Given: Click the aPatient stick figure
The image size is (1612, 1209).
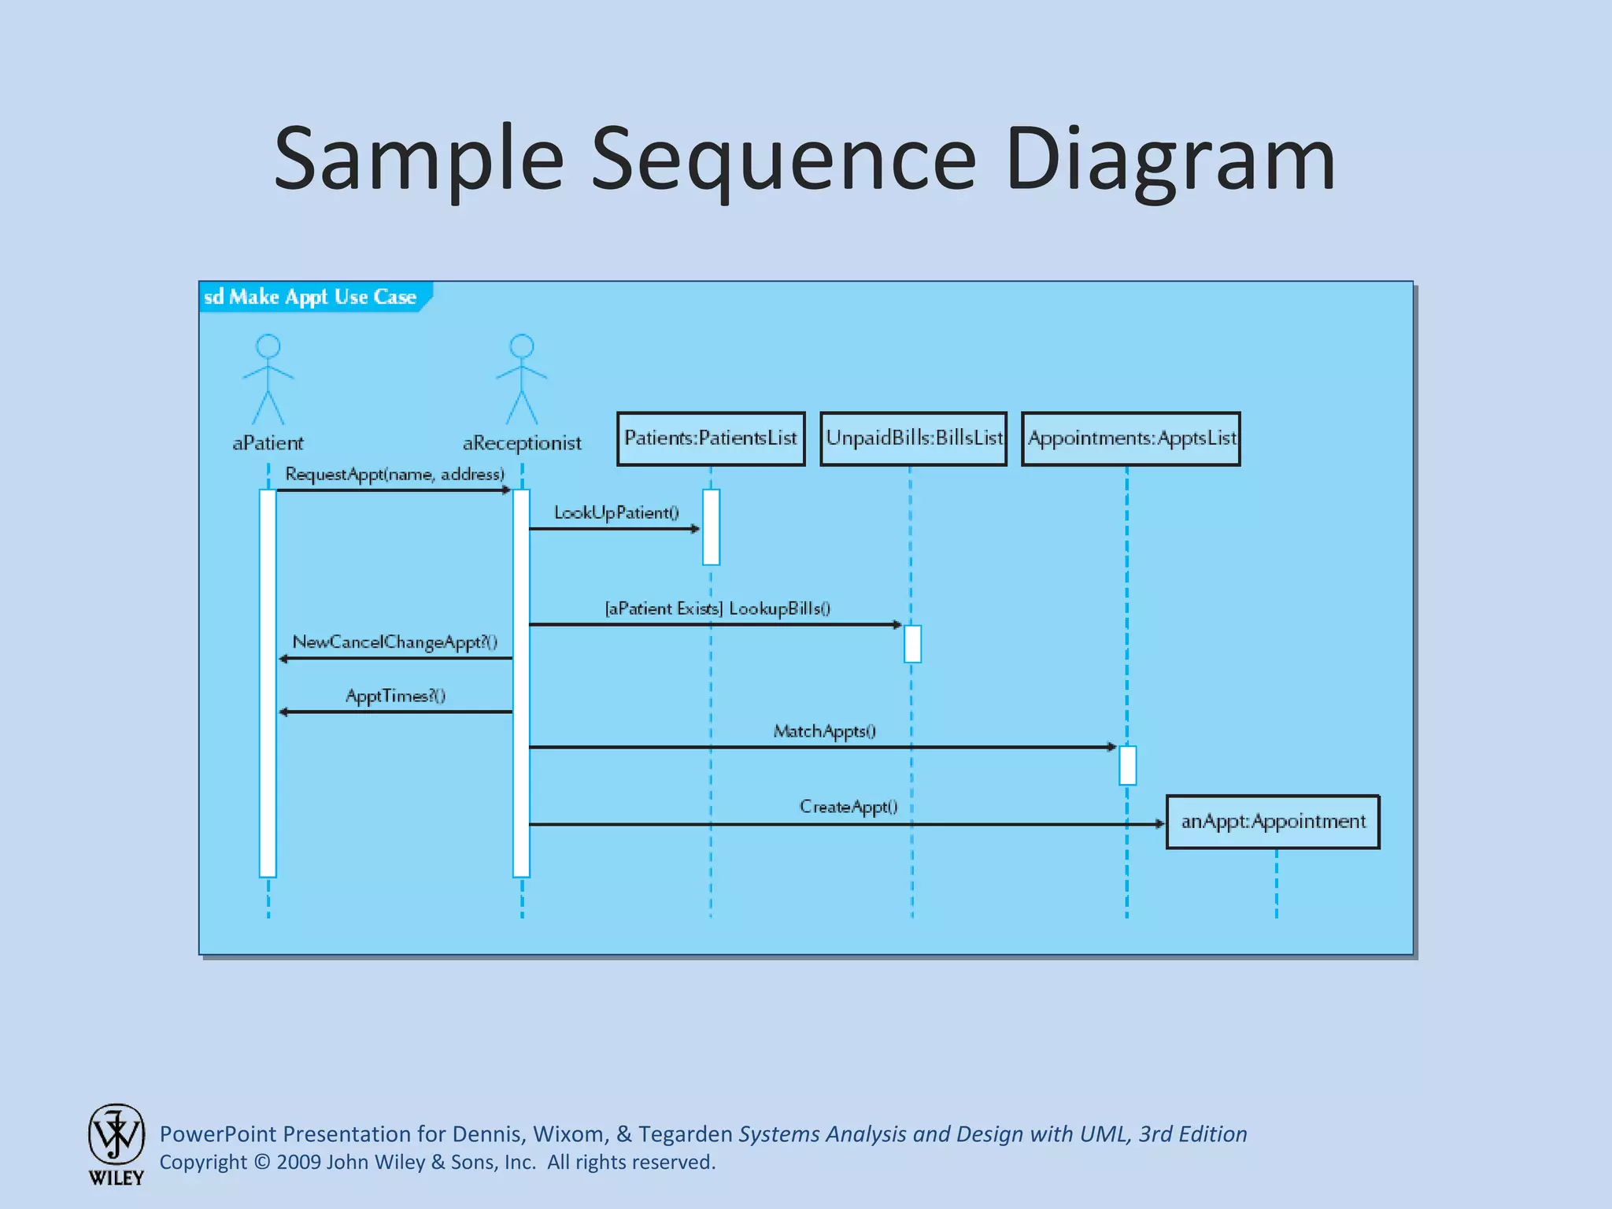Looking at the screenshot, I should click(268, 379).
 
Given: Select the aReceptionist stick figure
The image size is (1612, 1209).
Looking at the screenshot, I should click(522, 379).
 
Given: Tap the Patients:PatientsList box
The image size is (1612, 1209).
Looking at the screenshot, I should click(711, 438).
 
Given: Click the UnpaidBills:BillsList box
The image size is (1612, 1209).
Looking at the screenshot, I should click(913, 438).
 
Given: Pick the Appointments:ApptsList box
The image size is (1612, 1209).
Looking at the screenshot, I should click(1131, 438).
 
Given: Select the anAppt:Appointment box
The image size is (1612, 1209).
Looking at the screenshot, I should click(1273, 822).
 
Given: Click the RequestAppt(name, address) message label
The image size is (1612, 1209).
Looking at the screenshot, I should click(394, 474).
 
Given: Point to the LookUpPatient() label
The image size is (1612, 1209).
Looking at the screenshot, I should click(616, 512).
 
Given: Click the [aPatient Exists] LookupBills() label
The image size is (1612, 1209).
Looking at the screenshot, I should click(717, 608).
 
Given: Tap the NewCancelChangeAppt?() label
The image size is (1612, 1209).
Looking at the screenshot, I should click(394, 641).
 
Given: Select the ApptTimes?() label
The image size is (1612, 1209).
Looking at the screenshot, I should click(395, 696).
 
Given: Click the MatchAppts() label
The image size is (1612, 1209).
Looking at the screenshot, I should click(824, 731).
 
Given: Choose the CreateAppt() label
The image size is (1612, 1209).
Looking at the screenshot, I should click(849, 807).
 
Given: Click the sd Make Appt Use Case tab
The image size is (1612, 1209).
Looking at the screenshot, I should click(311, 297).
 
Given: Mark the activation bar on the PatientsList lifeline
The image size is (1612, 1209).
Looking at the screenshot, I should click(711, 527).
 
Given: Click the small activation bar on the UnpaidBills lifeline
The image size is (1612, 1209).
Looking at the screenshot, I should click(912, 643).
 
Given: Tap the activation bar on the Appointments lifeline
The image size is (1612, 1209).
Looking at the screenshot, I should click(1127, 765).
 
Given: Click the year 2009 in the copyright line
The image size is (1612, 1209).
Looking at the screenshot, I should click(298, 1162).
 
